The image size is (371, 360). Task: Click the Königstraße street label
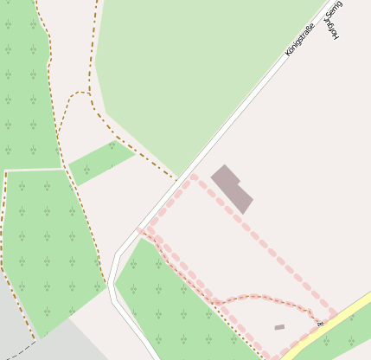(x=302, y=40)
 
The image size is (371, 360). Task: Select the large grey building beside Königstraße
(x=232, y=187)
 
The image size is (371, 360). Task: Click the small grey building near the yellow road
(x=279, y=327)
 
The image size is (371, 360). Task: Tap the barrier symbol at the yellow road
(x=319, y=324)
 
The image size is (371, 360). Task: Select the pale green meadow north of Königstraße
(x=190, y=78)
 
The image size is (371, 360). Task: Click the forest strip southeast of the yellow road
(x=342, y=342)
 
